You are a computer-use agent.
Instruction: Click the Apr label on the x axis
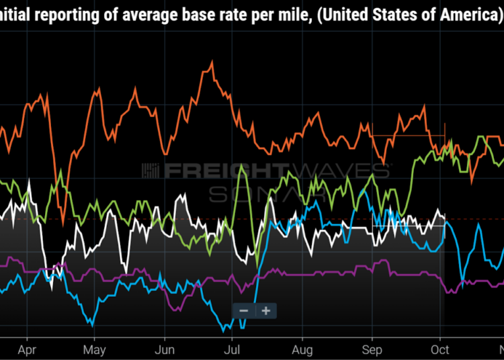pos(27,349)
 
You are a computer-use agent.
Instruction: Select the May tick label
pos(94,349)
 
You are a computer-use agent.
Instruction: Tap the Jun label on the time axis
pos(165,349)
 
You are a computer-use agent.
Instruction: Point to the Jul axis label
pos(233,349)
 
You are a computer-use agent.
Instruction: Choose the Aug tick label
pos(302,349)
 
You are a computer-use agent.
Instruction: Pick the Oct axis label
pos(440,349)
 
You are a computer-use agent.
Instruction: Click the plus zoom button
pos(266,310)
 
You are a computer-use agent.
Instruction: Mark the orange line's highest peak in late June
pos(212,63)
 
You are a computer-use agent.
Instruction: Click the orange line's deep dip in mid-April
pos(62,224)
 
